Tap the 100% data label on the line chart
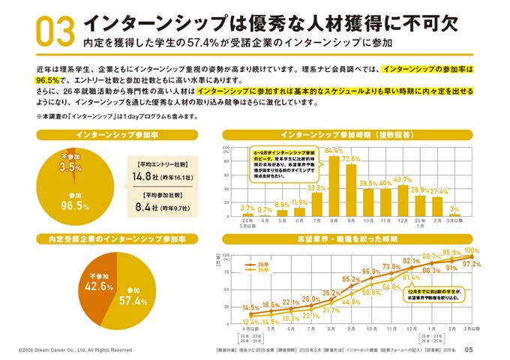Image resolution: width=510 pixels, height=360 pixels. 472,250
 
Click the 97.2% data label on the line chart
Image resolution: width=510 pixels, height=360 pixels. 472,265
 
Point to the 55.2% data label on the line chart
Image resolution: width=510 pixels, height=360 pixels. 351,279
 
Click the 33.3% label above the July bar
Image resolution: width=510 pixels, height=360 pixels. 316,188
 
